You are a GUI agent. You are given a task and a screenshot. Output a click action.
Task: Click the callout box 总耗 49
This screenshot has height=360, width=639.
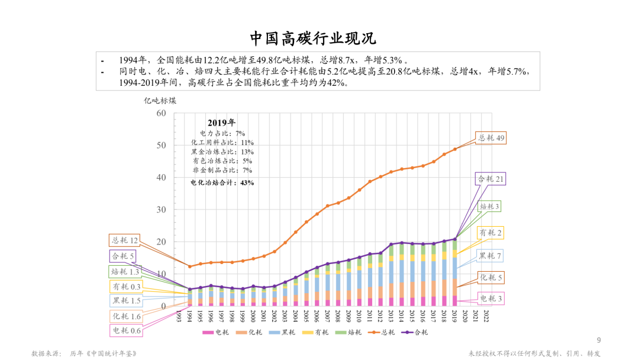(490, 138)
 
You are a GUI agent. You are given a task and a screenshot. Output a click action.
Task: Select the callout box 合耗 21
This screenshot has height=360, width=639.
(490, 179)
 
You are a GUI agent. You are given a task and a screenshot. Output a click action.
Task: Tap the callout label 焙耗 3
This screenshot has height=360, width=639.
(489, 207)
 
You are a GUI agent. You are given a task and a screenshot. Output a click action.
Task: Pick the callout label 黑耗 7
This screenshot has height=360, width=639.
(490, 256)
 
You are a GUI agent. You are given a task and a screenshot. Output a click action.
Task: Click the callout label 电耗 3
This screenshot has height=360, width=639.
(490, 299)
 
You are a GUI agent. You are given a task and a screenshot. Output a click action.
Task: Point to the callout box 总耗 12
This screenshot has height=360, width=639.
(124, 240)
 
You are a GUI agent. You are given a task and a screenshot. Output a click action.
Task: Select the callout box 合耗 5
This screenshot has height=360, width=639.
(122, 256)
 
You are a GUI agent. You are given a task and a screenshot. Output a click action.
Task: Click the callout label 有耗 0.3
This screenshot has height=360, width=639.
(127, 287)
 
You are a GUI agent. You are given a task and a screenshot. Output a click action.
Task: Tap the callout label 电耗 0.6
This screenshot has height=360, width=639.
(127, 330)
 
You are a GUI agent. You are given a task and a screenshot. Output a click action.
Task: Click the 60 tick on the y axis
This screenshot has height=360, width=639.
(160, 113)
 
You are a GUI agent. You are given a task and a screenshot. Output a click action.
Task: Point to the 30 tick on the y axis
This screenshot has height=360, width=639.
(160, 210)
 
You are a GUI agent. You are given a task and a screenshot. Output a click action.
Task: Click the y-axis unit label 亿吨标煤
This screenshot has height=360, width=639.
(160, 100)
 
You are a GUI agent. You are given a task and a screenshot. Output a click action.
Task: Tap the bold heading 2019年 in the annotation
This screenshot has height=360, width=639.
(221, 123)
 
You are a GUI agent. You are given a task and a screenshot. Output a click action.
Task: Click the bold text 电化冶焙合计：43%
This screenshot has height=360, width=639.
(222, 183)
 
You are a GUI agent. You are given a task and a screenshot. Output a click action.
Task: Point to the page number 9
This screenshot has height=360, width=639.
(598, 340)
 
